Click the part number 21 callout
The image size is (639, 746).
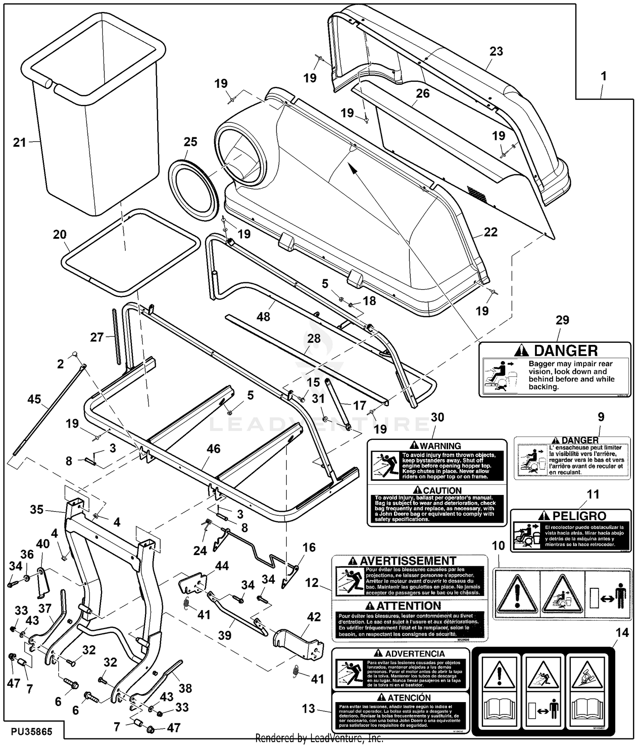point(20,142)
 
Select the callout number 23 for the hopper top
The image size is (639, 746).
point(496,52)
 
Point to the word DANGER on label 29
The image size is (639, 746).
point(566,351)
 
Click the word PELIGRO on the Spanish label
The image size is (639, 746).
point(580,516)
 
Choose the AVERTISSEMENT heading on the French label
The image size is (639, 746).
point(408,561)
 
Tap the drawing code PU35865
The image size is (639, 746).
point(32,732)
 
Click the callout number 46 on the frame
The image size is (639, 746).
point(213,449)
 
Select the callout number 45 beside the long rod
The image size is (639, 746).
point(34,399)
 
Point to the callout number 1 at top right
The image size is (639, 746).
point(603,77)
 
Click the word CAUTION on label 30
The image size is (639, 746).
point(442,491)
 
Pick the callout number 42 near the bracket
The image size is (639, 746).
point(314,617)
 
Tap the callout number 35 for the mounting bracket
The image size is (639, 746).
point(37,509)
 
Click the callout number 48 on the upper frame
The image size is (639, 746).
point(263,316)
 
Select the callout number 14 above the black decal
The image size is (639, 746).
point(622,633)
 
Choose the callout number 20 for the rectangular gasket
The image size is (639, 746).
point(60,234)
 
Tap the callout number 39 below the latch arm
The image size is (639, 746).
point(225,635)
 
